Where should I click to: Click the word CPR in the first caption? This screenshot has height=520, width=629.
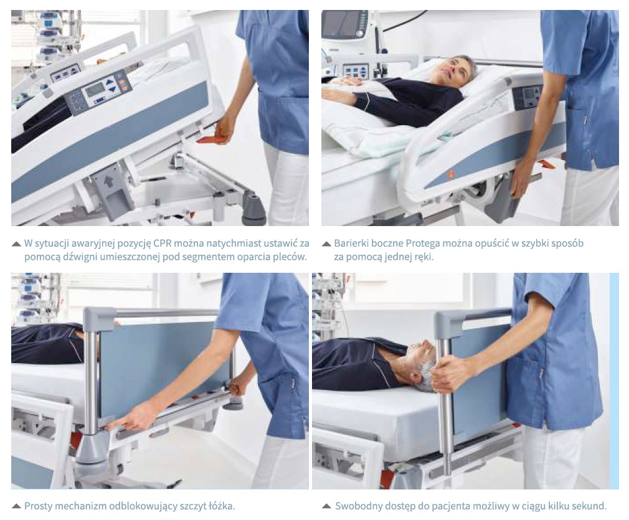pos(163,243)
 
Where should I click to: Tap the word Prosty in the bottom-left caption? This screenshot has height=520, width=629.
pos(38,506)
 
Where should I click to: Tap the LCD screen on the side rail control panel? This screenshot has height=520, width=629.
pos(95,90)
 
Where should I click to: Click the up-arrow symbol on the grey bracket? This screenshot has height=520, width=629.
pos(107,181)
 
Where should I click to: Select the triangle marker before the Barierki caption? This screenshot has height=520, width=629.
pos(326,243)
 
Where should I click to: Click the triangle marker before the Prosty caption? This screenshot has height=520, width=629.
pos(16,506)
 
